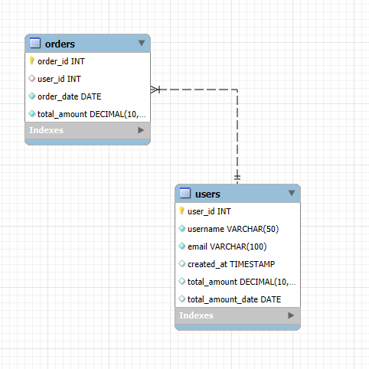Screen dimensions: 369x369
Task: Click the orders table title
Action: [x=60, y=44]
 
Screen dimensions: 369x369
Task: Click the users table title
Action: [x=207, y=194]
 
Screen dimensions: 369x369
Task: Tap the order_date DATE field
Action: [x=69, y=96]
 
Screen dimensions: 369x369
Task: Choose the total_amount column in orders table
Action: [x=90, y=114]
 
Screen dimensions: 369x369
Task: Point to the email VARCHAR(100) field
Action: [x=227, y=247]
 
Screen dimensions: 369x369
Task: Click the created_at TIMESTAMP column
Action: [x=230, y=264]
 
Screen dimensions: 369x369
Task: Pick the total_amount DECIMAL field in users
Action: [x=240, y=282]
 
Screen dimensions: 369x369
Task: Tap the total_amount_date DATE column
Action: [x=234, y=299]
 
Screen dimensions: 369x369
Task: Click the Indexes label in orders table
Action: [x=47, y=131]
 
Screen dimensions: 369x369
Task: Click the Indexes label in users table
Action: [x=197, y=315]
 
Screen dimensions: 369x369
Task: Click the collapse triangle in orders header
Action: [x=142, y=44]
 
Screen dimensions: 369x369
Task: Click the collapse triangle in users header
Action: [x=292, y=194]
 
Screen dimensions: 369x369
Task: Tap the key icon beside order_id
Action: [x=32, y=61]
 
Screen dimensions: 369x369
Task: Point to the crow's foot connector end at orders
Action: [x=156, y=90]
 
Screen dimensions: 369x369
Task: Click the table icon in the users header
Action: [x=185, y=194]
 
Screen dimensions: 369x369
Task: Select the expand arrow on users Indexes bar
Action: [x=291, y=315]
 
